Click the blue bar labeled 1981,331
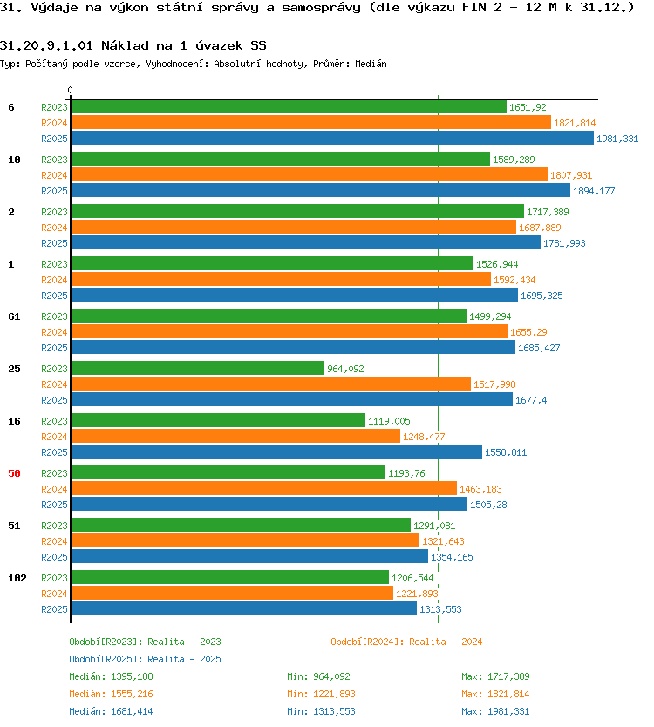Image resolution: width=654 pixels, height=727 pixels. (x=332, y=139)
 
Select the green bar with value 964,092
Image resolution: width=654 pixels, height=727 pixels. (x=198, y=368)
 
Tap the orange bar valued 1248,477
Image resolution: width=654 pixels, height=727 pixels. (x=235, y=437)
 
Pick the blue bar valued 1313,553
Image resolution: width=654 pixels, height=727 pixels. (x=244, y=608)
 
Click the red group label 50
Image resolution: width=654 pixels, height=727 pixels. (x=14, y=473)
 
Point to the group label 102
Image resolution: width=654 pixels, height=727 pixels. (x=17, y=578)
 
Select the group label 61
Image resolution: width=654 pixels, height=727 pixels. (x=14, y=316)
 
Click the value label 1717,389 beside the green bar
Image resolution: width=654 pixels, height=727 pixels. (x=548, y=212)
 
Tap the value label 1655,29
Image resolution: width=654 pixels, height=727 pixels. (x=528, y=332)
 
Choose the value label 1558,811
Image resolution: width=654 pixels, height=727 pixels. (x=506, y=452)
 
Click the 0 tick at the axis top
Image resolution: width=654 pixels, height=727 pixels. (x=70, y=90)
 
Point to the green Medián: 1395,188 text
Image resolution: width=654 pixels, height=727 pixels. (x=111, y=677)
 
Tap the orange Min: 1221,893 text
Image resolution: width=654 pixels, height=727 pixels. (x=321, y=694)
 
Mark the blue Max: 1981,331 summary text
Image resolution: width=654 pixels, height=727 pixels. (x=495, y=711)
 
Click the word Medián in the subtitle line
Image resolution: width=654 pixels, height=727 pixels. (x=371, y=64)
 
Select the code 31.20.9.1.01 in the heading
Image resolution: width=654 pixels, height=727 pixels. (x=46, y=45)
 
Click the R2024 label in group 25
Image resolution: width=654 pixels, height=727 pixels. (x=54, y=384)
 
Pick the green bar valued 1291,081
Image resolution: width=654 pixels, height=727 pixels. (x=241, y=525)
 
